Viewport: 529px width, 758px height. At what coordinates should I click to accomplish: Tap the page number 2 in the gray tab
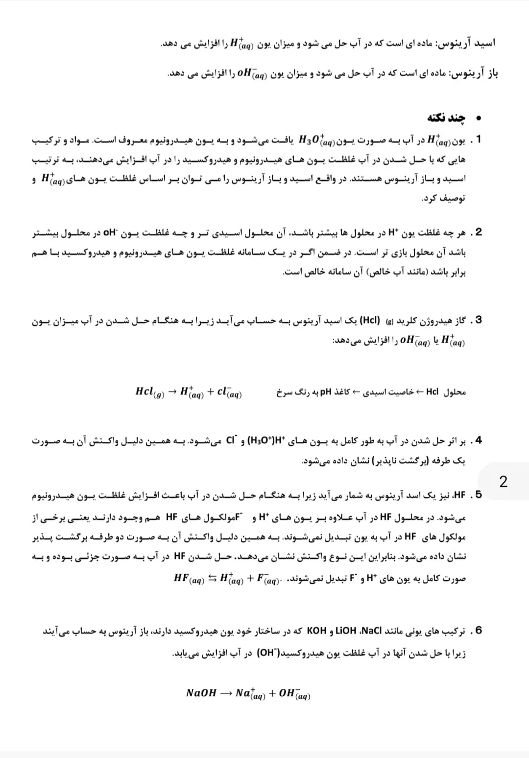pyautogui.click(x=503, y=481)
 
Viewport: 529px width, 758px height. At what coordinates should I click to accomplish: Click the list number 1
pyautogui.click(x=479, y=139)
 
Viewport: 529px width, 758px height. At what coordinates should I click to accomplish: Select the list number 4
pyautogui.click(x=479, y=440)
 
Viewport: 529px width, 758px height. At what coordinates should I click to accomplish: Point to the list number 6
pyautogui.click(x=479, y=630)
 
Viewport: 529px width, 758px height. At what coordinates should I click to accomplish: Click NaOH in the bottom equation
pyautogui.click(x=201, y=693)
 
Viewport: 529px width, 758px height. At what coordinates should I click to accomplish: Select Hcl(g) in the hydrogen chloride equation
pyautogui.click(x=149, y=392)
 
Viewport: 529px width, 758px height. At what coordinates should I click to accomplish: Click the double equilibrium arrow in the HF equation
pyautogui.click(x=212, y=578)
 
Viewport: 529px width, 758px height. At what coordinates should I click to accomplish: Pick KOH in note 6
pyautogui.click(x=316, y=630)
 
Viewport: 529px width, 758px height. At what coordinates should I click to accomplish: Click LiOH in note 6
pyautogui.click(x=346, y=630)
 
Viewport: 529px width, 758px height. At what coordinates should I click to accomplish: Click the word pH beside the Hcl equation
pyautogui.click(x=326, y=392)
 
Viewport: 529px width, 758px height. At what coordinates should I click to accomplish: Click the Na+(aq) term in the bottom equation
pyautogui.click(x=250, y=693)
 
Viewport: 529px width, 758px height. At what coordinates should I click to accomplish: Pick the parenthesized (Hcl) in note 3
pyautogui.click(x=370, y=321)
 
